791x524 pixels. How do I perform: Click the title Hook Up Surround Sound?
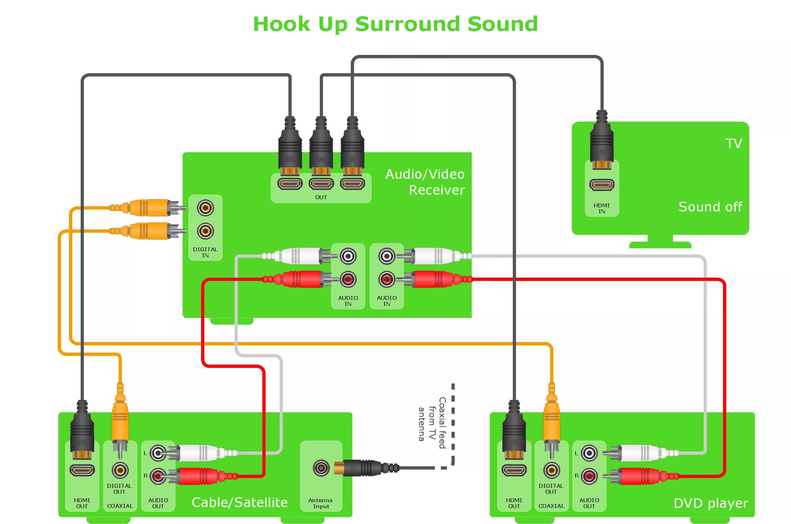[395, 24]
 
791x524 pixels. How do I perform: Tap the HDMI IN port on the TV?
[602, 184]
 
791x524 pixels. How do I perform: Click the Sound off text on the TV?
[710, 207]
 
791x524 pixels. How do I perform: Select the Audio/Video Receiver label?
[425, 182]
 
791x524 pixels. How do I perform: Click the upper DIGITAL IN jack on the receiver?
[205, 208]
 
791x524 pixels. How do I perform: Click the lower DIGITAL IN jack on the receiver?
[205, 231]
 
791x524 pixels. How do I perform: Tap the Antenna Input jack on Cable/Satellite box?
[321, 468]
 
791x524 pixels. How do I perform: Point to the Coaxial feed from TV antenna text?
[432, 422]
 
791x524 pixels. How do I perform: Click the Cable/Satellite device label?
[239, 502]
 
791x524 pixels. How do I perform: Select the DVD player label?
[710, 503]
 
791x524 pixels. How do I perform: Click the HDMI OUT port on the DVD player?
[514, 470]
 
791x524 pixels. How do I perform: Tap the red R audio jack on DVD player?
[589, 476]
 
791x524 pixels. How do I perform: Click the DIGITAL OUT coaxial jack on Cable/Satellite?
[120, 470]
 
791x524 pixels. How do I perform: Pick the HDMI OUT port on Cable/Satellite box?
[82, 470]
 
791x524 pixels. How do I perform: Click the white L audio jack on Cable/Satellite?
[158, 453]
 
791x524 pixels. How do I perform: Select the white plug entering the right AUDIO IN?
[433, 256]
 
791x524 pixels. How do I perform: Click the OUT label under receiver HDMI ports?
[321, 197]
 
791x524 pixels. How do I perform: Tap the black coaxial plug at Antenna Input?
[366, 468]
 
